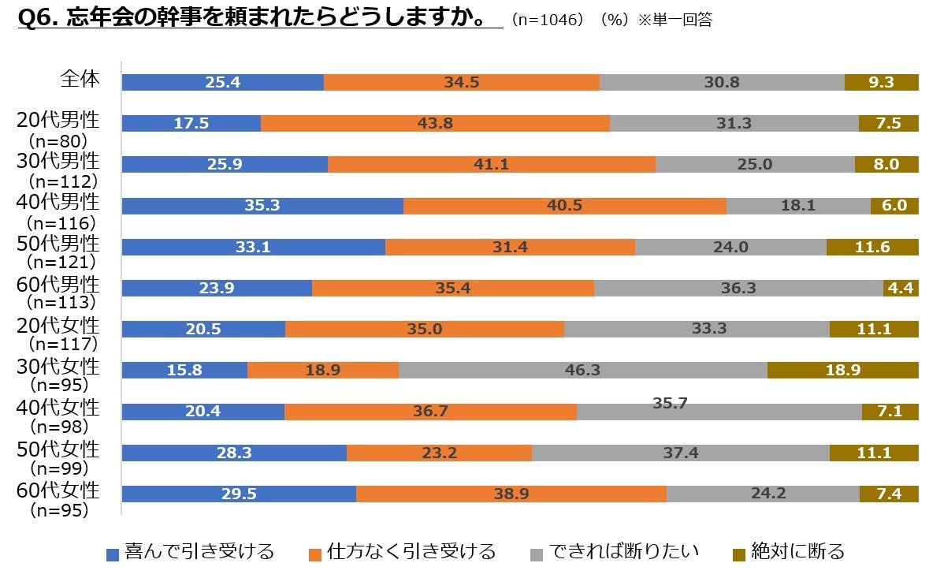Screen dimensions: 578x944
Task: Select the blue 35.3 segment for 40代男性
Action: coord(262,206)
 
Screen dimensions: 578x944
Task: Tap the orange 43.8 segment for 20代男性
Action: coord(435,124)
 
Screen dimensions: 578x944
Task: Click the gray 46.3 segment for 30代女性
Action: coord(583,370)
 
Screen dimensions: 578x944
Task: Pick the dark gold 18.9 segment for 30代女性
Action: coord(842,370)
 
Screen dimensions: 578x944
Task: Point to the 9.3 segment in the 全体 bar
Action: coord(881,82)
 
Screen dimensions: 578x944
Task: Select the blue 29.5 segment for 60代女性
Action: coord(239,494)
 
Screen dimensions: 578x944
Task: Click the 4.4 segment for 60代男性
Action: coord(901,289)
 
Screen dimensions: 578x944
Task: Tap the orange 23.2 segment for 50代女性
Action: coord(439,453)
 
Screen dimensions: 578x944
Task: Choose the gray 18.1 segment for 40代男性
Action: coord(798,206)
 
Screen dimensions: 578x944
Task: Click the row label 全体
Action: coord(80,79)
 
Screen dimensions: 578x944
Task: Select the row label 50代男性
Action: coord(59,243)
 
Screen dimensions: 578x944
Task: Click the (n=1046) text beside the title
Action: coord(549,21)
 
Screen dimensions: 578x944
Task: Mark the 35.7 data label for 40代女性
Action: coord(670,403)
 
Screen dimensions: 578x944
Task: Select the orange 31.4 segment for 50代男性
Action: coord(510,247)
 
